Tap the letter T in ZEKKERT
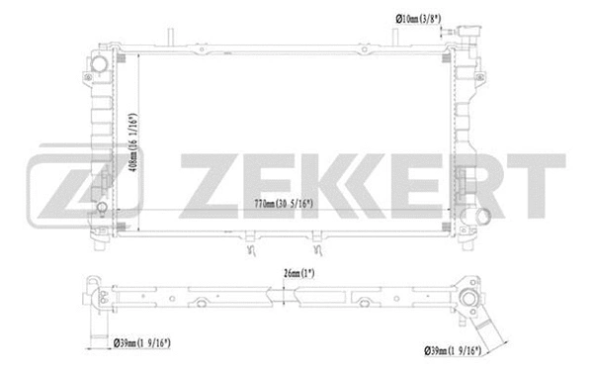click(x=539, y=186)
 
